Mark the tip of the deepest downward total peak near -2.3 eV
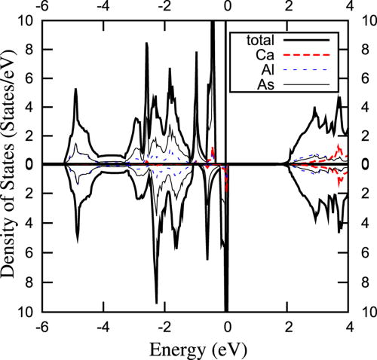pyautogui.click(x=157, y=303)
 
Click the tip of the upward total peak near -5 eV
pyautogui.click(x=76, y=89)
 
